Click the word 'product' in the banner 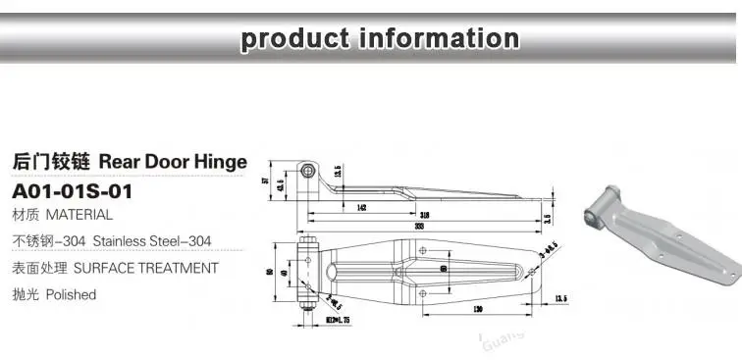(x=293, y=38)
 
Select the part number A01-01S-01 (x=70, y=189)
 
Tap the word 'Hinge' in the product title (x=213, y=162)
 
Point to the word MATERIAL (x=79, y=214)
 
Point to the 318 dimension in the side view (x=423, y=214)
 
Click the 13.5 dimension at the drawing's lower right (x=561, y=297)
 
